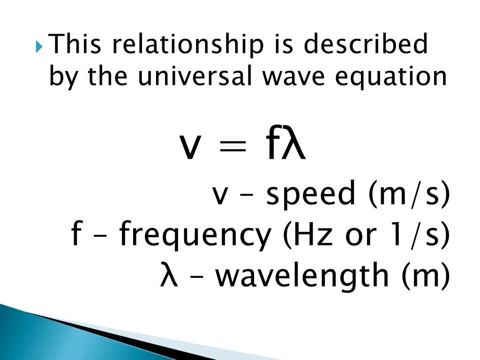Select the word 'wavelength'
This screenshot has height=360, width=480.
301,276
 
